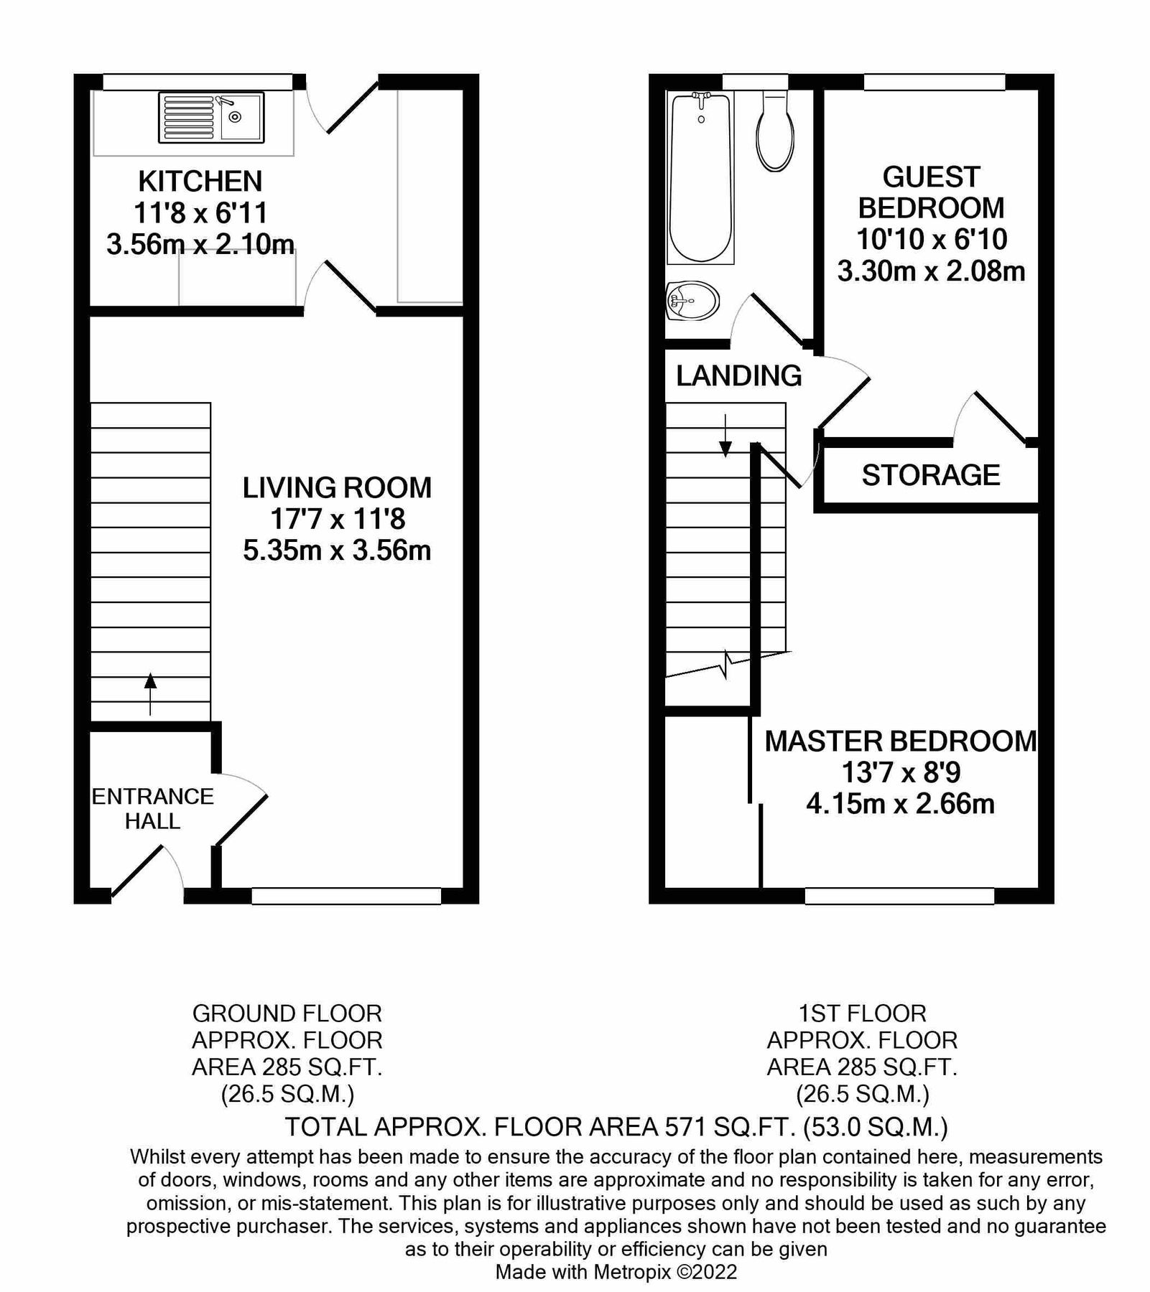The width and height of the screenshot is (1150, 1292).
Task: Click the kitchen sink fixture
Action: click(x=210, y=117)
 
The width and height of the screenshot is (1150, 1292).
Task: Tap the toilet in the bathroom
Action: click(x=775, y=133)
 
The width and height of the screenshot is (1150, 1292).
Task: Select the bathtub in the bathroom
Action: click(x=701, y=178)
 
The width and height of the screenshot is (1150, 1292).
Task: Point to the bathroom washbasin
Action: click(x=692, y=301)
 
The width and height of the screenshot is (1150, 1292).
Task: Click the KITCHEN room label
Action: click(x=200, y=182)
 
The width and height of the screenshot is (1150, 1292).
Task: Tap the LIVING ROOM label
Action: click(x=337, y=488)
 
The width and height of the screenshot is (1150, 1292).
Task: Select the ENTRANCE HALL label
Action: click(x=152, y=809)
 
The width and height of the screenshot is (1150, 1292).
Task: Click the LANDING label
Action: click(x=738, y=376)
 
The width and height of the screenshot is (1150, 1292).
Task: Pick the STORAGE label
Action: click(x=931, y=475)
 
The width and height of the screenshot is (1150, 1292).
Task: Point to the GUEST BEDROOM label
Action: click(x=931, y=192)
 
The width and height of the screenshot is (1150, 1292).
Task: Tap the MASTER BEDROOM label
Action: click(x=901, y=741)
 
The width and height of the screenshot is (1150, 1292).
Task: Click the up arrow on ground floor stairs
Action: click(x=150, y=693)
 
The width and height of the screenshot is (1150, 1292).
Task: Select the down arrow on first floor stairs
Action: click(x=725, y=436)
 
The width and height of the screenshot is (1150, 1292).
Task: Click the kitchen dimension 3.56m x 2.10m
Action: click(x=200, y=245)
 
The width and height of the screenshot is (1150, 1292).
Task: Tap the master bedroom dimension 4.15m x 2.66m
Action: click(x=900, y=804)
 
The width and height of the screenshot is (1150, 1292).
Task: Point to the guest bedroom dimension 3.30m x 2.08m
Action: click(x=931, y=271)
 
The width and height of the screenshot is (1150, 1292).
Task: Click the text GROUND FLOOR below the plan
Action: click(x=287, y=1014)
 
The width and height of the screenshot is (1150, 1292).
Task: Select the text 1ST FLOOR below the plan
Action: click(x=862, y=1014)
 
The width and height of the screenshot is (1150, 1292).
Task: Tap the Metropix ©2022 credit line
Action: click(x=616, y=1272)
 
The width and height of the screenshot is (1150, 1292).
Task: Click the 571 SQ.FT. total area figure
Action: click(x=728, y=1127)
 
